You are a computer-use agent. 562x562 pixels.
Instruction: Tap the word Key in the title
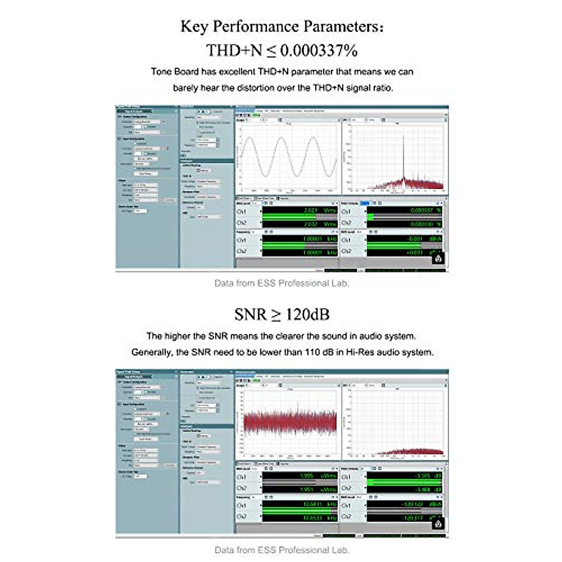(x=194, y=26)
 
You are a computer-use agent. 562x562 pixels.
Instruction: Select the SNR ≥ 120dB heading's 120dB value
(x=307, y=314)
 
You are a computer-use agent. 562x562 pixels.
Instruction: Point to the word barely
(x=185, y=88)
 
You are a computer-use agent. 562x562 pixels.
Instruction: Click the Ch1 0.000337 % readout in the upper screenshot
(x=421, y=211)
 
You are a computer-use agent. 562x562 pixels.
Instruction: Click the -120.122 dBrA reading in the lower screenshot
(x=413, y=504)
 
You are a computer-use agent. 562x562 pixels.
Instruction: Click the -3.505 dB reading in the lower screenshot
(x=422, y=476)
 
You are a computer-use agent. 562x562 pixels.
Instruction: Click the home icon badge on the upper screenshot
(x=438, y=258)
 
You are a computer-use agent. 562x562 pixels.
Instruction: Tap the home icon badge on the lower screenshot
(x=438, y=523)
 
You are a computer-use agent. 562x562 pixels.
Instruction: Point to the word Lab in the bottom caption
(x=340, y=550)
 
